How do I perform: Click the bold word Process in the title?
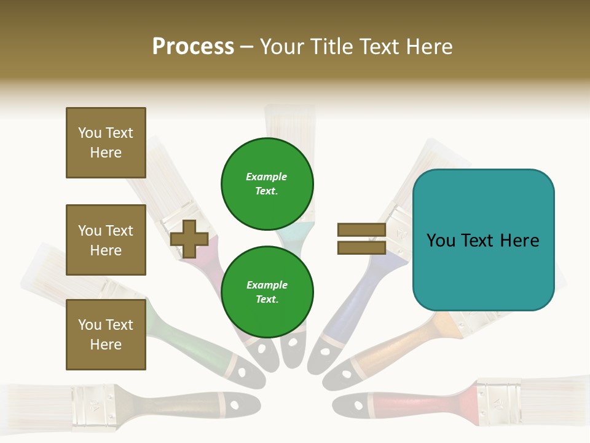193,47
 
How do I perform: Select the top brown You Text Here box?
106,143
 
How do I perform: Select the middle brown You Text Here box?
106,240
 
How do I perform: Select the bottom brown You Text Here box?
106,335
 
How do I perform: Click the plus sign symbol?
189,239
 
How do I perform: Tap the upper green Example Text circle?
267,184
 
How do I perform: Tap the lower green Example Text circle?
267,292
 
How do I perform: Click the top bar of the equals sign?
362,230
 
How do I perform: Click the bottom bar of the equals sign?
362,247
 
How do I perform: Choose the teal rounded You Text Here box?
483,240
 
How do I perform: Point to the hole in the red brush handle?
358,405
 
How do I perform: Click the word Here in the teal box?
519,241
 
